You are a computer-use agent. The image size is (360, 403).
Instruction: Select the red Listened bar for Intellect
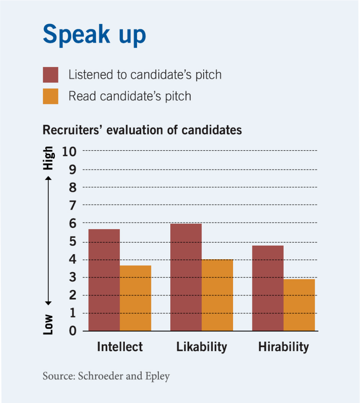[104, 280]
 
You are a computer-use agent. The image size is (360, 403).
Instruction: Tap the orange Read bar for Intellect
[135, 298]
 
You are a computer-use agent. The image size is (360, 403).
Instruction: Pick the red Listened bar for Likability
[186, 277]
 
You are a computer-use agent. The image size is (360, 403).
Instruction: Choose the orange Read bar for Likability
[217, 295]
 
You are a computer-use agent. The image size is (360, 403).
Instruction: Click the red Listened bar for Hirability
[267, 288]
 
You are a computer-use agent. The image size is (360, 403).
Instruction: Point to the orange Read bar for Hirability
[299, 305]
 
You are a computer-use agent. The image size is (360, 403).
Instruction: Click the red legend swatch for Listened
[50, 75]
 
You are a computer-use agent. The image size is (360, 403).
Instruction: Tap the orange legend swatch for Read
[50, 96]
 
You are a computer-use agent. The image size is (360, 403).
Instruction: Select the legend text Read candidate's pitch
[130, 96]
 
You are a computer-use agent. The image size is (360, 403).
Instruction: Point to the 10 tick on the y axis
[69, 152]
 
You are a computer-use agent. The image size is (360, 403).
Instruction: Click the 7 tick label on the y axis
[73, 205]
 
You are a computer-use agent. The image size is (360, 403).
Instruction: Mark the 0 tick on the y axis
[73, 331]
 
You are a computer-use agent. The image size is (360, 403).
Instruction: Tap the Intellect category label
[120, 347]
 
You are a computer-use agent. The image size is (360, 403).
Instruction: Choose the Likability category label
[202, 347]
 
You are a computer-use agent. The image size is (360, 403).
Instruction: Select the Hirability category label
[283, 347]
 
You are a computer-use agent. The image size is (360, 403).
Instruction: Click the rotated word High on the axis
[48, 158]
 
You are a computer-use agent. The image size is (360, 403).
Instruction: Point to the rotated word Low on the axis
[48, 324]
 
